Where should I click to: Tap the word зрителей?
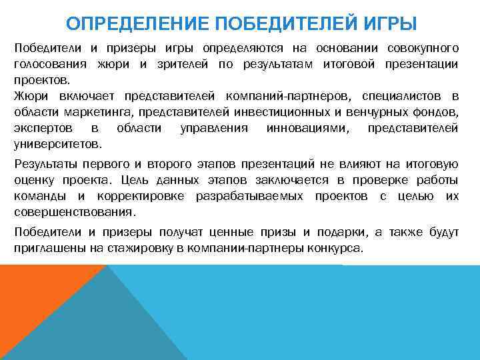(187, 64)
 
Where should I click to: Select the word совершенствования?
(74, 213)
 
